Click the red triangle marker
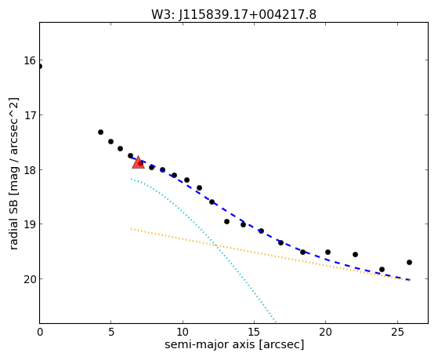pyautogui.click(x=138, y=163)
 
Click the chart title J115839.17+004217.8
pyautogui.click(x=248, y=15)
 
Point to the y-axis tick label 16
pyautogui.click(x=30, y=60)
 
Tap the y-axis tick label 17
pyautogui.click(x=30, y=115)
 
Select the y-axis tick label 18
pyautogui.click(x=30, y=169)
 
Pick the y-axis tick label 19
pyautogui.click(x=30, y=224)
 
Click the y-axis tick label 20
pyautogui.click(x=30, y=279)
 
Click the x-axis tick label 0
pyautogui.click(x=40, y=332)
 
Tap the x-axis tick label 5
pyautogui.click(x=111, y=332)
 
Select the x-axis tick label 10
pyautogui.click(x=183, y=332)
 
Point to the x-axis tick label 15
pyautogui.click(x=254, y=332)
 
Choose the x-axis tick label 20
pyautogui.click(x=325, y=332)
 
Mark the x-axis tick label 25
pyautogui.click(x=397, y=332)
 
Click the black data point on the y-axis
pyautogui.click(x=40, y=67)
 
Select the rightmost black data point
pyautogui.click(x=409, y=263)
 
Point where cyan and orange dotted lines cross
pyautogui.click(x=215, y=245)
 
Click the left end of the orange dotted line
pyautogui.click(x=131, y=229)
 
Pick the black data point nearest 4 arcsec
pyautogui.click(x=100, y=132)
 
